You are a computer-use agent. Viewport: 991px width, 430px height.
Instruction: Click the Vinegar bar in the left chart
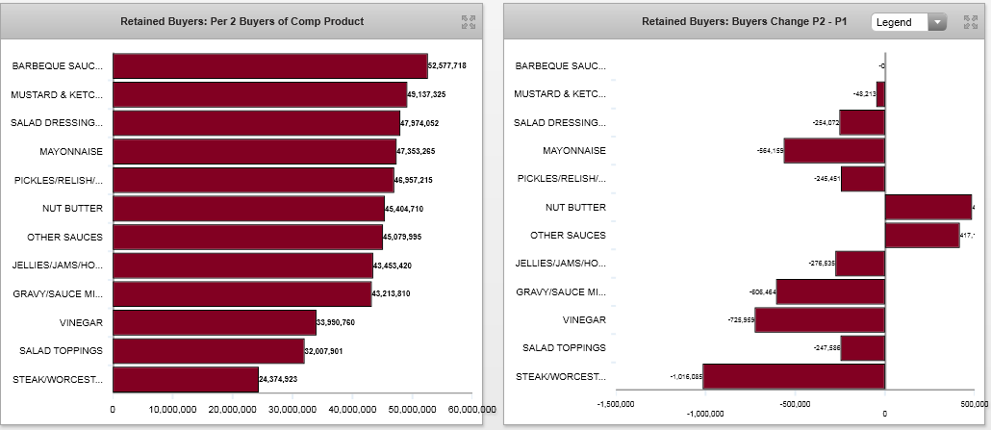(x=215, y=322)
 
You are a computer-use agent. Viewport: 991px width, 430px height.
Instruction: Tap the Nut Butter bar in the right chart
(x=927, y=207)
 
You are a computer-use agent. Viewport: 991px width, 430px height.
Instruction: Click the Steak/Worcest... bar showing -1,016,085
(x=794, y=376)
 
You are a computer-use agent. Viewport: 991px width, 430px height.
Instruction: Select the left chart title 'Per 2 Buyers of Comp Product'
(x=241, y=21)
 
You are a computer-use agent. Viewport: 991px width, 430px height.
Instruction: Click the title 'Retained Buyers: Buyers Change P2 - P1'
(x=744, y=21)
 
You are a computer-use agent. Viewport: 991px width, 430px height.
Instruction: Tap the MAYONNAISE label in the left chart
(x=71, y=151)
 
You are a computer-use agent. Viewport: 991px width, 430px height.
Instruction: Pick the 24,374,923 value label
(x=278, y=380)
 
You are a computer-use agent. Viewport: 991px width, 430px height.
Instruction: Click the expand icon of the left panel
(x=469, y=22)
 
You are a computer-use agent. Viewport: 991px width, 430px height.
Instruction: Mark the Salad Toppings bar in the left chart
(x=209, y=351)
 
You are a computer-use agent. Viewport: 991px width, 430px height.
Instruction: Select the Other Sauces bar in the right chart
(x=922, y=236)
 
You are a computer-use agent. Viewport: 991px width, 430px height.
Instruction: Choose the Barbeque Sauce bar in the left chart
(x=270, y=65)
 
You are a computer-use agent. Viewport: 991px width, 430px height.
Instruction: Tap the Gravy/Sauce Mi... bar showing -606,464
(x=830, y=291)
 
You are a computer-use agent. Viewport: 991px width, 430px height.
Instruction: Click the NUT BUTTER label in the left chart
(x=72, y=208)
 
